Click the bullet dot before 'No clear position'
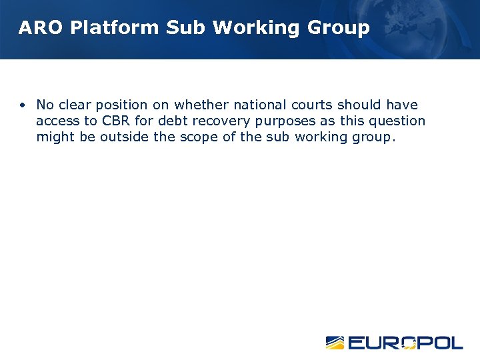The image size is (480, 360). click(x=23, y=105)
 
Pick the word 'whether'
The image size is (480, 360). click(x=198, y=105)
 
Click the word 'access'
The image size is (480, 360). click(x=58, y=121)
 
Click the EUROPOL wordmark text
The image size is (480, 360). click(x=405, y=343)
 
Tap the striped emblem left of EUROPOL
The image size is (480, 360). click(x=335, y=343)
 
